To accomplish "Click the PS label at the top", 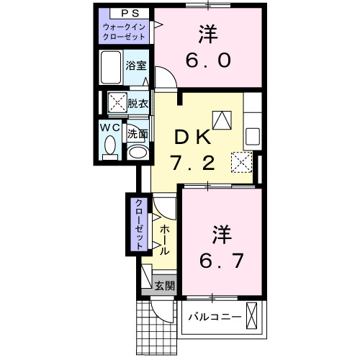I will click(x=126, y=13).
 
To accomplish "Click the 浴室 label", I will click(x=136, y=64).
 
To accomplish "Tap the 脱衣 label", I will click(x=138, y=103).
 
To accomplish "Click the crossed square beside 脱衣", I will click(x=116, y=102).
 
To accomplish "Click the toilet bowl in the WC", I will click(x=110, y=147).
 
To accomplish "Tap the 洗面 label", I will click(x=138, y=133).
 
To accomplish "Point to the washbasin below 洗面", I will click(x=137, y=151).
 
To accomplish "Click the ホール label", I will click(x=165, y=239).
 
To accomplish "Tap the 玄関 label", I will click(x=165, y=285).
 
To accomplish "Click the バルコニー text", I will click(x=215, y=316).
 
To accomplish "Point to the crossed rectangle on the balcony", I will click(x=251, y=316).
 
